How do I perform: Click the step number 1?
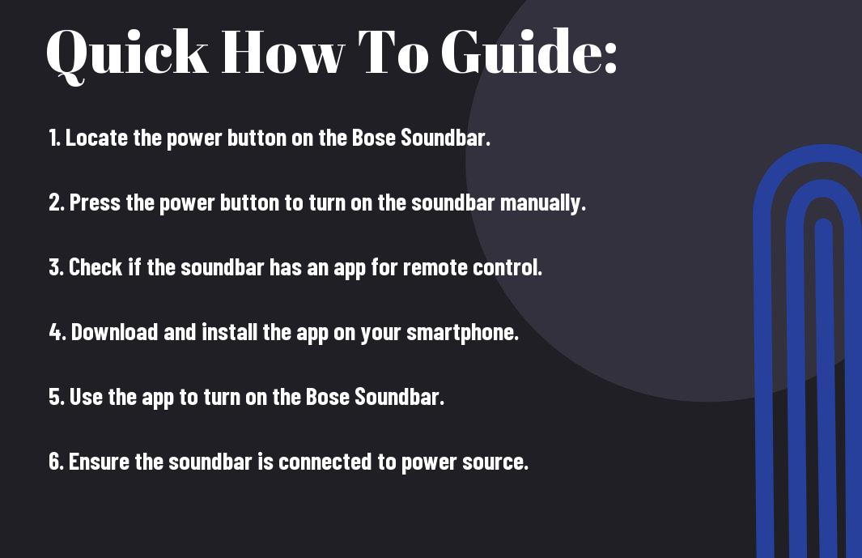[x=54, y=138]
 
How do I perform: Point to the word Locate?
[x=97, y=138]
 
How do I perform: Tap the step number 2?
[x=57, y=202]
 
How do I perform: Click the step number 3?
[x=57, y=267]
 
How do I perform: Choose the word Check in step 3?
[x=96, y=267]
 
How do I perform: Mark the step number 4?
[x=57, y=332]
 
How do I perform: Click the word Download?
[x=114, y=332]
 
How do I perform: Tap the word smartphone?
[x=462, y=332]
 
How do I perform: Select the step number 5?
[x=57, y=397]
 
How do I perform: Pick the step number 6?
[x=57, y=461]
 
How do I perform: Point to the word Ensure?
[x=99, y=461]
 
